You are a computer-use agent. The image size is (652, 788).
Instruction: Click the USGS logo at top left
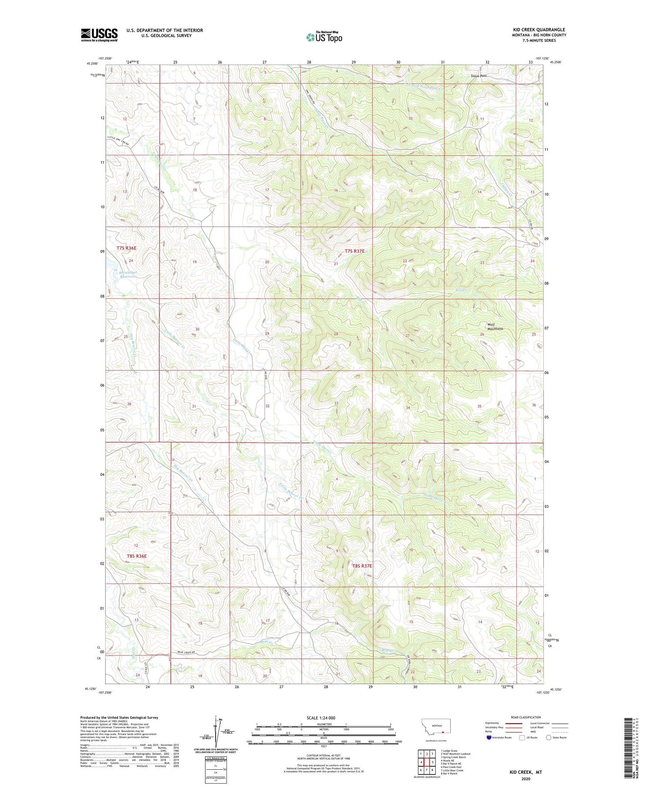99,35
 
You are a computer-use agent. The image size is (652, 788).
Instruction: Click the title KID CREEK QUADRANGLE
539,30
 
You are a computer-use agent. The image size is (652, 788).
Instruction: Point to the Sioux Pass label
479,76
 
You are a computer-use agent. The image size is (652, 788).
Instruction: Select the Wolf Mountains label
495,326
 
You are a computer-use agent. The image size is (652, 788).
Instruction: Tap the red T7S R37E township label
355,251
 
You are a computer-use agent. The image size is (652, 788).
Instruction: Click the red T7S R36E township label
126,248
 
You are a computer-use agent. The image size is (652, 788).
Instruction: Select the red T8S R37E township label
362,566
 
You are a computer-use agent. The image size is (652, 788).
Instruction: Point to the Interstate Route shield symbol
489,738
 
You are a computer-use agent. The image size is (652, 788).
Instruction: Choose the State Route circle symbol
549,738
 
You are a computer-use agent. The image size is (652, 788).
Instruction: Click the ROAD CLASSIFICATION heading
526,717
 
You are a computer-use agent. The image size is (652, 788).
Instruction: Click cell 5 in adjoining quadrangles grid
433,762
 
